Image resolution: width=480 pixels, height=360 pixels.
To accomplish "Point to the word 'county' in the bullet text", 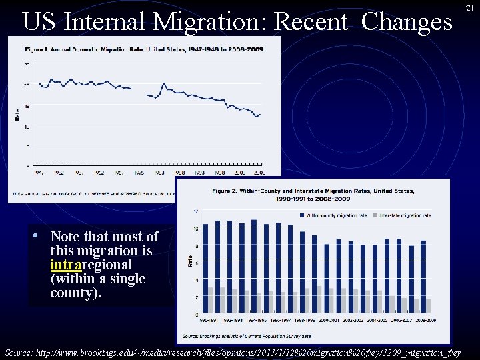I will click(x=73, y=293).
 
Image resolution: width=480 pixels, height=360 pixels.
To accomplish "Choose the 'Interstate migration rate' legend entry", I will click(x=403, y=215).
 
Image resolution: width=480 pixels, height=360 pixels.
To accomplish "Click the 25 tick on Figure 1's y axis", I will click(x=27, y=65).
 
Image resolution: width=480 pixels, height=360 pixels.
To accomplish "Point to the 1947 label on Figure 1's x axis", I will click(x=39, y=173).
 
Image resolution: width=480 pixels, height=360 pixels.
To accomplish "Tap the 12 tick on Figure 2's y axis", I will click(x=195, y=211).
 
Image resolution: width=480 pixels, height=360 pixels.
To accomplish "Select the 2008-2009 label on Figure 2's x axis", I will click(x=425, y=321).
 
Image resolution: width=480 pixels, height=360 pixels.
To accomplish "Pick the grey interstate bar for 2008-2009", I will click(x=429, y=305).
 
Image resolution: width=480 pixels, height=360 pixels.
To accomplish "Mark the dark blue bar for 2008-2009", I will click(x=423, y=277).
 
